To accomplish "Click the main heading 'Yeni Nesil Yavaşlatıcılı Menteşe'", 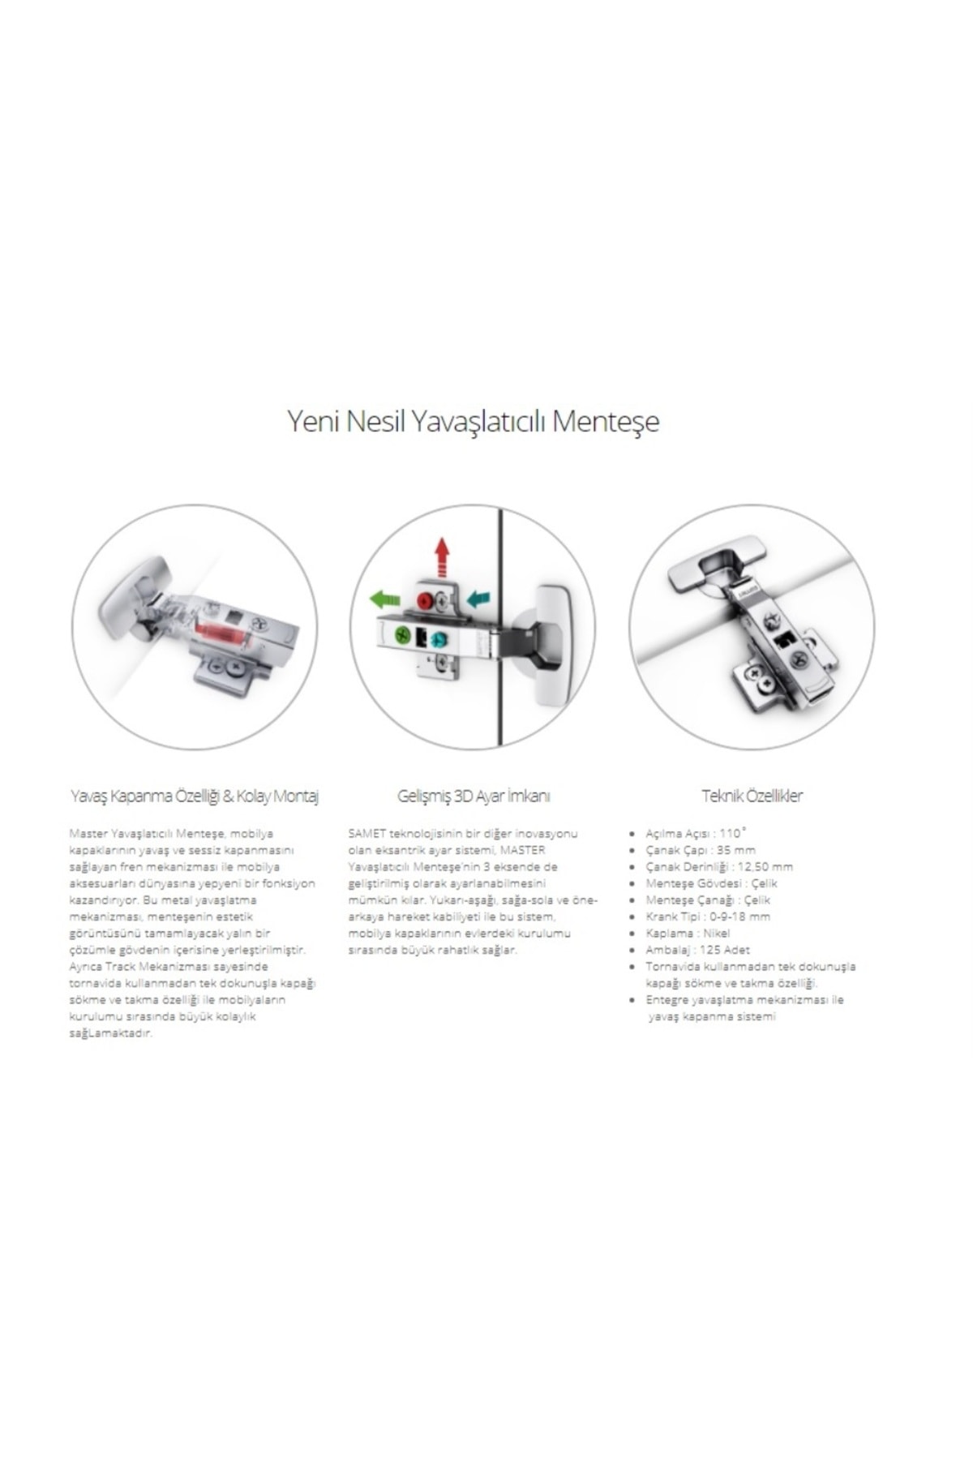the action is [474, 422].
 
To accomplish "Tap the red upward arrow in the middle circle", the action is [442, 557].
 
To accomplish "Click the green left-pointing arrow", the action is [385, 600].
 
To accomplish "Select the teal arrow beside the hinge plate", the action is [478, 599].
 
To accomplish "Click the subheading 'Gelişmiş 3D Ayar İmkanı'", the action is [474, 796].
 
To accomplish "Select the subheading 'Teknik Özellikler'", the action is [752, 796].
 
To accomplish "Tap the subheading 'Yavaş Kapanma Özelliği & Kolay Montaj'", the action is [195, 796].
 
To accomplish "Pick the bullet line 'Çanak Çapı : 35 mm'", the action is [701, 850].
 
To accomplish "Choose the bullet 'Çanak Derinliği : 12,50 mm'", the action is [719, 866].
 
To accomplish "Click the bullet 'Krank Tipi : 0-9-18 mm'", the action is [708, 917].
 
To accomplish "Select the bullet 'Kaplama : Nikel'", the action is [688, 933].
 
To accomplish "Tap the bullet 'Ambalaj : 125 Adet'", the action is [697, 950].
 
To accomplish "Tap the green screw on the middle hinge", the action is [401, 637].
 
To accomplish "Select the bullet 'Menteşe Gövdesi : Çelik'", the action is [711, 883].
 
